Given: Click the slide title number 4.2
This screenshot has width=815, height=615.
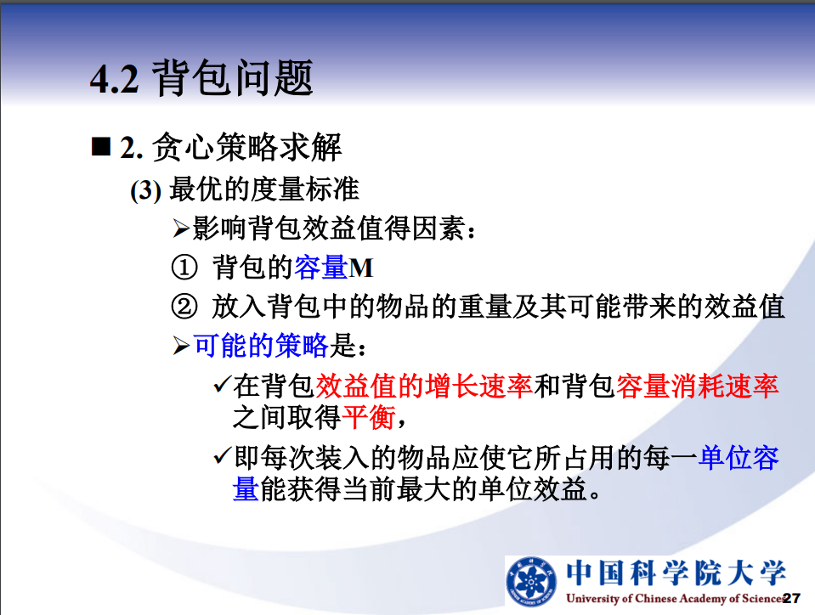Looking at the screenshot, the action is click(x=115, y=80).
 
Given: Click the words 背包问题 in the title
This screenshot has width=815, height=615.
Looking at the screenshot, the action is click(x=233, y=78).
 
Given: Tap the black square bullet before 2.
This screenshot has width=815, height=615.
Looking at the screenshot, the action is click(x=101, y=146).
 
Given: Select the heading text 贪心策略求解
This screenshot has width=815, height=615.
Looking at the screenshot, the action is click(x=247, y=147).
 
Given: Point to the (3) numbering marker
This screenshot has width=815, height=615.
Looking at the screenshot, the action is click(x=145, y=190).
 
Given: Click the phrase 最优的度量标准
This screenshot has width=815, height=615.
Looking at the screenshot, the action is click(x=264, y=189).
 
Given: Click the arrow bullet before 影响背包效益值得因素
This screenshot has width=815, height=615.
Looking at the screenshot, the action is click(x=181, y=229).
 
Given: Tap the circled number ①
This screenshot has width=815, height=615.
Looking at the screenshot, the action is click(x=184, y=268).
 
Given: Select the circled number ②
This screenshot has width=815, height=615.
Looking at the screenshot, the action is click(x=184, y=306).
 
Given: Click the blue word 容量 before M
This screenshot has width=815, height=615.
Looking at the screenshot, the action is click(x=321, y=268).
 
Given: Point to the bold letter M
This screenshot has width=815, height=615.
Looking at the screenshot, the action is click(x=361, y=268).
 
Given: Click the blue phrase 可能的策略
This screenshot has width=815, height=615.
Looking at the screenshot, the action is click(x=261, y=346).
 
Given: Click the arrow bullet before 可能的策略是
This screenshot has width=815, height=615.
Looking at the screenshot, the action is click(x=181, y=346).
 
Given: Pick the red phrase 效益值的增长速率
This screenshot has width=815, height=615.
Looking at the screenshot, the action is click(x=424, y=386).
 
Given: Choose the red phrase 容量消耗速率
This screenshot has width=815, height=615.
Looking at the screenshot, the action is click(x=698, y=386).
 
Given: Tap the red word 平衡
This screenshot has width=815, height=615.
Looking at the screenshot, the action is click(x=369, y=417).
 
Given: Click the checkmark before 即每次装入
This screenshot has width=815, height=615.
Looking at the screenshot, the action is click(x=222, y=456).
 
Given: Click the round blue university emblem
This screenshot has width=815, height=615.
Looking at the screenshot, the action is click(x=531, y=582).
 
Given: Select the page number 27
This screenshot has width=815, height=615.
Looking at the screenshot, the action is click(x=791, y=598).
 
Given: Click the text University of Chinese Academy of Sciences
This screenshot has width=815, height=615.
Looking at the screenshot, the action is click(x=676, y=598).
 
